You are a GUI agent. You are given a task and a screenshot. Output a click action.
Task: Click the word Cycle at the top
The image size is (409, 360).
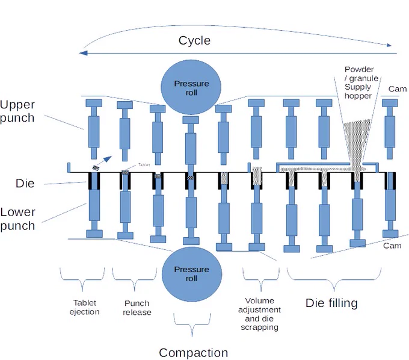[x=194, y=41]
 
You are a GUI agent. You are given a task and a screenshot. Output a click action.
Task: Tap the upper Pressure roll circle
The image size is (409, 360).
[x=191, y=87]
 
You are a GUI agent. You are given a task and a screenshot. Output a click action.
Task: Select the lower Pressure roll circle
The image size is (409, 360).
[x=192, y=274]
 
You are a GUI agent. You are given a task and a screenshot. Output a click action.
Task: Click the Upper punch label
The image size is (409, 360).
[x=17, y=111]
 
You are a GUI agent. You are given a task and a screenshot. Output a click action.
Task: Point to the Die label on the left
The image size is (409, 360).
[x=25, y=183]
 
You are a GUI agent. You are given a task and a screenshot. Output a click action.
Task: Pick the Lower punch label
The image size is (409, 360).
[x=17, y=219]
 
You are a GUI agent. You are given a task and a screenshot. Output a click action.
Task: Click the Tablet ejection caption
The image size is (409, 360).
[x=85, y=307]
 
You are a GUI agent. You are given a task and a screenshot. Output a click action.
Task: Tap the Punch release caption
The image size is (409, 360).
[x=137, y=308]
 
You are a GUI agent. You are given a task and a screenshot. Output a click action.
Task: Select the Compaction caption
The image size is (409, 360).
[x=193, y=353]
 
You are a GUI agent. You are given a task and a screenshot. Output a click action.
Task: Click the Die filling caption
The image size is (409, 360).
[x=331, y=303]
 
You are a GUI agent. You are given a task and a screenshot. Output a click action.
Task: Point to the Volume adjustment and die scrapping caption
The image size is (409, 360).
[x=260, y=314]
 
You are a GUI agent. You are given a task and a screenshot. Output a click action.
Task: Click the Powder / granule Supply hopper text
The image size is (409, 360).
[x=361, y=82]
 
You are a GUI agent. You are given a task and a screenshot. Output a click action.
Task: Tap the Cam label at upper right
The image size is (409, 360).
[x=398, y=89]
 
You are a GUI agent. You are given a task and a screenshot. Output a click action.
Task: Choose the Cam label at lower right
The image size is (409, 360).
[x=392, y=246]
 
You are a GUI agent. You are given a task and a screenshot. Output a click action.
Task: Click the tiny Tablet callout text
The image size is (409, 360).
[x=144, y=165]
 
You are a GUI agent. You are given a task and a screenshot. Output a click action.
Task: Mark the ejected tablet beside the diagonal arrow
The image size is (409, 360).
[x=96, y=168]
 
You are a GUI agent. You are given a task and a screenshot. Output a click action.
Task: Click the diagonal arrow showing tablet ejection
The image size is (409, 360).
[x=104, y=161]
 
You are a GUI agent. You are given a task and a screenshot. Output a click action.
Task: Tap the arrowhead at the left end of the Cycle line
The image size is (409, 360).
[x=83, y=53]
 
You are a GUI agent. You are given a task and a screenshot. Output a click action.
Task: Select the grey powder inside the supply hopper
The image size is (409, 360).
[x=357, y=141]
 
